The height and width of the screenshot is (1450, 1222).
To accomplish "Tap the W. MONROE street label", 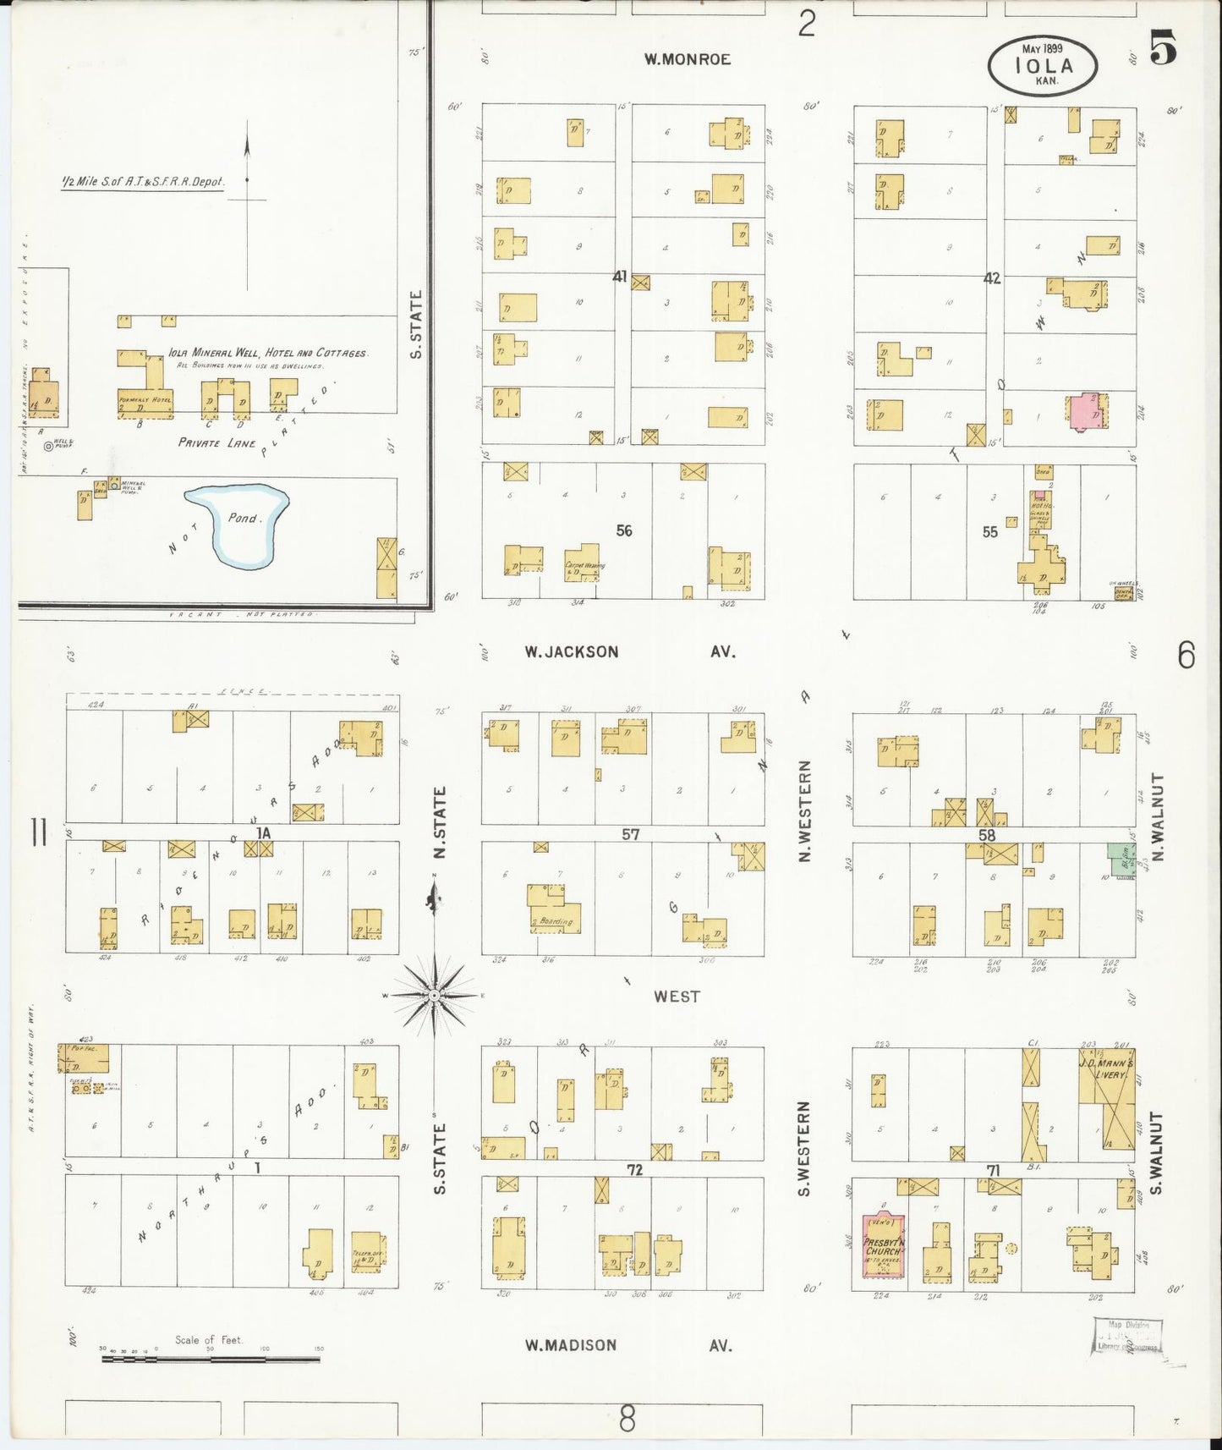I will [x=686, y=59].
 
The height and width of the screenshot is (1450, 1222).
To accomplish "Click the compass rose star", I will [x=434, y=997].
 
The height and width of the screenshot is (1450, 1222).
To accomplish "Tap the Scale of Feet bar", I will [x=211, y=1360].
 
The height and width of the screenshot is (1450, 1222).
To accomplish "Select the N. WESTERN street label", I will [x=804, y=811].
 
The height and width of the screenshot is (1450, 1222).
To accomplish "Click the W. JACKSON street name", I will [x=572, y=652].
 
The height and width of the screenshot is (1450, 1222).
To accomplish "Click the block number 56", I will [x=624, y=531].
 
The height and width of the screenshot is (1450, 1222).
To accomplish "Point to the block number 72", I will [x=635, y=1170].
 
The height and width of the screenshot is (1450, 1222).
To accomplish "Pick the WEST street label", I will [x=677, y=997].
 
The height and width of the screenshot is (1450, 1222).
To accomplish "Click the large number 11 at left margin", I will [x=38, y=835].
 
